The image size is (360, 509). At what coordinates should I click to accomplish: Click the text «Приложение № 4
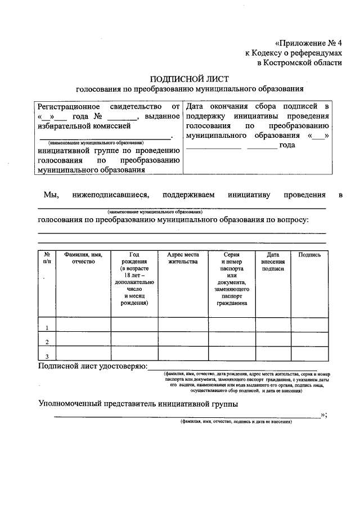pos(308,43)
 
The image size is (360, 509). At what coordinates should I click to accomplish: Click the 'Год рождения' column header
pos(134,278)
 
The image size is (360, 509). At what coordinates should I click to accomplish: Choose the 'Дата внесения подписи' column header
pos(273,262)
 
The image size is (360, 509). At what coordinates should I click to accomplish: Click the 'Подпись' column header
pos(309,254)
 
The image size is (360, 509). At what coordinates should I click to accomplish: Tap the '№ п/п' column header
pos(47,258)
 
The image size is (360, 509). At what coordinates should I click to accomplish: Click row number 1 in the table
pos(47,327)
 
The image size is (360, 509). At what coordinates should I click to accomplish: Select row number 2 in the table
pos(47,342)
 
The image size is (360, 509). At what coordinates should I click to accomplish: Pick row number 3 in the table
pos(47,356)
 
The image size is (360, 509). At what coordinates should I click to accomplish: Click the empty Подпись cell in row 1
pos(309,325)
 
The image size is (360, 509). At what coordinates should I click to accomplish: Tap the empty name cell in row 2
pos(84,339)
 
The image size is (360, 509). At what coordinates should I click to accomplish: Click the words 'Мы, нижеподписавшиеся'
pos(96,195)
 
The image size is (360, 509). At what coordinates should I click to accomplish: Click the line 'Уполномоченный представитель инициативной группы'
pos(138,403)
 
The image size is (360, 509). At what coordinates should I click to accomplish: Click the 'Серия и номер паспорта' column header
pos(231,278)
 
